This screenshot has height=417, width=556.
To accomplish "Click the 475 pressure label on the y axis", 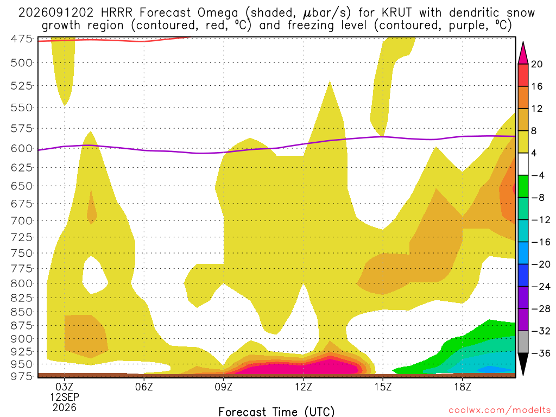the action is [x=22, y=39].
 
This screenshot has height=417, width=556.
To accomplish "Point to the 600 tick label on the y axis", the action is [x=22, y=149].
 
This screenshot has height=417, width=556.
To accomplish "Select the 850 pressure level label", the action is [x=22, y=312].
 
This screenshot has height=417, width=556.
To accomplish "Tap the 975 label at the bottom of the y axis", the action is [x=22, y=376].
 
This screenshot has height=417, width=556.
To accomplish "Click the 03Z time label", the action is [x=64, y=387].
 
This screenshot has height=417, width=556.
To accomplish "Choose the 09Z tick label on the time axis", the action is [x=223, y=387].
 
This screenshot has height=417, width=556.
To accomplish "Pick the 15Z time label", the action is [x=383, y=387].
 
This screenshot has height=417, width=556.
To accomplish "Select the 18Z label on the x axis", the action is [x=463, y=387].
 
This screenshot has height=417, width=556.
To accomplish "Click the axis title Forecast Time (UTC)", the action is [x=276, y=412].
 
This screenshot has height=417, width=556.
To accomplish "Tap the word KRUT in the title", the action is [x=397, y=13].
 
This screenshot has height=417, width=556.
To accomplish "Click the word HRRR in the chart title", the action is [x=116, y=13].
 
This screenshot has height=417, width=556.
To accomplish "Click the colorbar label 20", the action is [x=536, y=64].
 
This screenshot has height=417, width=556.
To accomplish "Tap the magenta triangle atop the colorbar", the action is [x=523, y=53].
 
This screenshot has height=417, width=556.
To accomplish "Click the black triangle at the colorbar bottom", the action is [x=523, y=363].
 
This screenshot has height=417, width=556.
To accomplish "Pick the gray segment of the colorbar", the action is [x=523, y=342].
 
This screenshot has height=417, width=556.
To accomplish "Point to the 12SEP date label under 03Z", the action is [x=64, y=397].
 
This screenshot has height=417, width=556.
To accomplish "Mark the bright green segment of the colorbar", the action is [x=523, y=187].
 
